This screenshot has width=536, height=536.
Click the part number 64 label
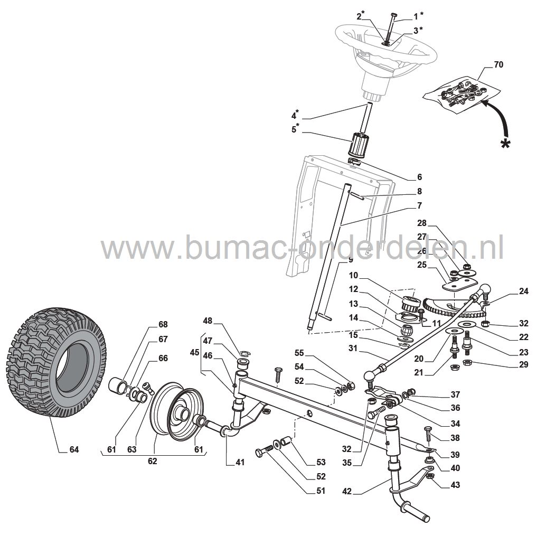[x=74, y=449]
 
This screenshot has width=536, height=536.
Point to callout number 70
[x=499, y=64]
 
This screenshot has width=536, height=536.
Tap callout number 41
[x=240, y=462]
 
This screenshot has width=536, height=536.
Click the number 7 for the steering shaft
[x=419, y=205]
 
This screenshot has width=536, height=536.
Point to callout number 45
[x=194, y=352]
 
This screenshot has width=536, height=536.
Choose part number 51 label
[x=321, y=491]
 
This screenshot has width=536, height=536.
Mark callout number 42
[x=346, y=492]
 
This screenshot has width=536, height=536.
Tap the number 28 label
[x=422, y=223]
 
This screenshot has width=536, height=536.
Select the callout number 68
[x=163, y=324]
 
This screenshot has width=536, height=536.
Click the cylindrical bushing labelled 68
[x=117, y=386]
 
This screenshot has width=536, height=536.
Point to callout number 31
[x=353, y=348]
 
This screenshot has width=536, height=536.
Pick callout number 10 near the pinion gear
[x=353, y=275]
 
